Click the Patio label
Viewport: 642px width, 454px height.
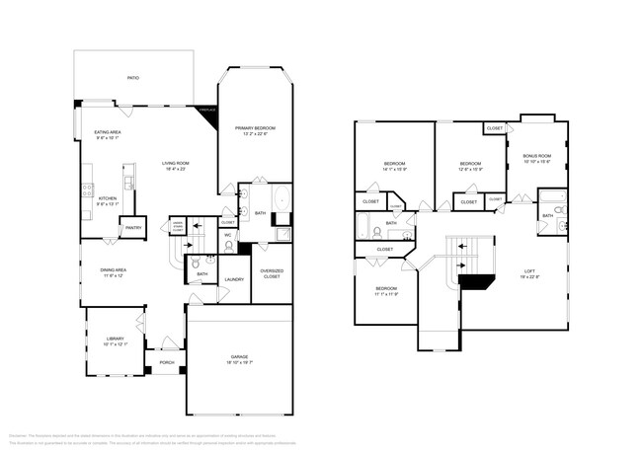[131, 76]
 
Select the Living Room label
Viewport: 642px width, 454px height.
[176, 166]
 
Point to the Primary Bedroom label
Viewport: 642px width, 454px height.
[255, 131]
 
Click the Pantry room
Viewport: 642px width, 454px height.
[132, 228]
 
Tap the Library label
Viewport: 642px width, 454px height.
[117, 341]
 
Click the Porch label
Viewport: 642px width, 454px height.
[167, 362]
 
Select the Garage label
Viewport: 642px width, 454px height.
[240, 359]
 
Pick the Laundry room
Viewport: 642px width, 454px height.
[234, 279]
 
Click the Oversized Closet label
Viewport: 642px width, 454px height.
[271, 273]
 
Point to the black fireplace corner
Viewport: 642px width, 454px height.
[208, 113]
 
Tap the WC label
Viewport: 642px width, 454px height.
[227, 236]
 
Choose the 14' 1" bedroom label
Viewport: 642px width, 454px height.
[395, 166]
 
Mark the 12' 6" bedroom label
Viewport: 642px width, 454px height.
[470, 166]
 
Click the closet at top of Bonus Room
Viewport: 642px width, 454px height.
[494, 127]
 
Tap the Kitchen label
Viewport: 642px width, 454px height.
[108, 200]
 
